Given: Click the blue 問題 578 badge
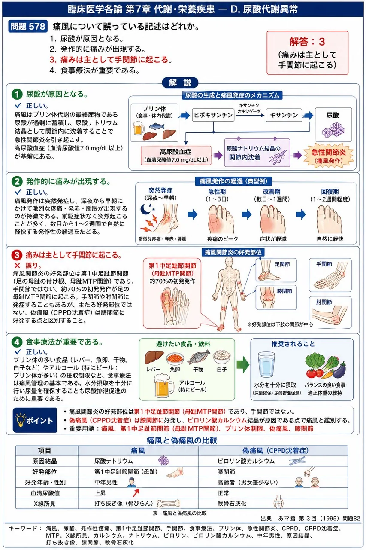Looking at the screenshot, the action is pyautogui.click(x=28, y=27).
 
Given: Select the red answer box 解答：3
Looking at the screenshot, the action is pyautogui.click(x=307, y=53).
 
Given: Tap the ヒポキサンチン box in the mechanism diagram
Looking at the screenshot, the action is pyautogui.click(x=213, y=115).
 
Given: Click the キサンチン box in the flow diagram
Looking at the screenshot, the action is pyautogui.click(x=284, y=115).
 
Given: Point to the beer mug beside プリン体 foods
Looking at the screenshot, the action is pyautogui.click(x=138, y=128).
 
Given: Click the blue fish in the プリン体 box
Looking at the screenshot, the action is pyautogui.click(x=157, y=126).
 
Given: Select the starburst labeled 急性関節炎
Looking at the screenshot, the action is pyautogui.click(x=329, y=156).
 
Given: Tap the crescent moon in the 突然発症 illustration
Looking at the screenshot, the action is pyautogui.click(x=145, y=209).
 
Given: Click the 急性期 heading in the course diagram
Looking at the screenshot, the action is pyautogui.click(x=217, y=192).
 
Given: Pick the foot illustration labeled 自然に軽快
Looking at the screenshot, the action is pyautogui.click(x=329, y=219).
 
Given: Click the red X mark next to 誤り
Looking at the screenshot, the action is pyautogui.click(x=17, y=266).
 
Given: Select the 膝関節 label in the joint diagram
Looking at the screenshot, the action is pyautogui.click(x=284, y=291).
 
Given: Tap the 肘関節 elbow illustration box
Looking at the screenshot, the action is pyautogui.click(x=330, y=312).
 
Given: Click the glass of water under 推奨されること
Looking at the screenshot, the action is pyautogui.click(x=266, y=364).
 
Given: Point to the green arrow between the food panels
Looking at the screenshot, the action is pyautogui.click(x=243, y=364).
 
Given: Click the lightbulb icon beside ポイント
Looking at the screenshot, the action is pyautogui.click(x=21, y=419).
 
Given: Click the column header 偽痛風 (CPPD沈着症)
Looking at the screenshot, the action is pyautogui.click(x=275, y=451).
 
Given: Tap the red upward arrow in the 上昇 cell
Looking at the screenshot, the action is pyautogui.click(x=136, y=492).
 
